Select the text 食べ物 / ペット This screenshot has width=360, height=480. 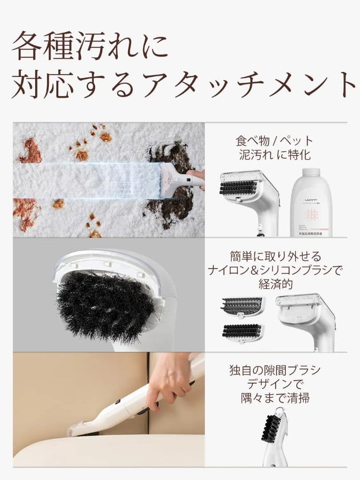(x=274, y=141)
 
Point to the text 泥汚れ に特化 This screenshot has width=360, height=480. (x=274, y=155)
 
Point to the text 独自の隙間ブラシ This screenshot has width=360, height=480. (x=274, y=370)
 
